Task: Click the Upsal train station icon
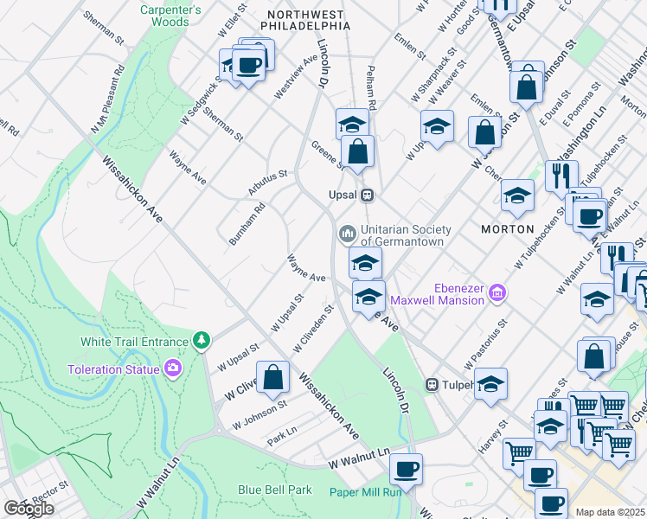[368, 195]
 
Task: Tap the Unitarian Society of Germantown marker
[348, 234]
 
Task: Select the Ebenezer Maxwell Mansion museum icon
[496, 293]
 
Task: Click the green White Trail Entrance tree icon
[201, 341]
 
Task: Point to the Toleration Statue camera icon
[173, 369]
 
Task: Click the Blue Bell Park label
[275, 490]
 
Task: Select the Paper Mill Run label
[366, 492]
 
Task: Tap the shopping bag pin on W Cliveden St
[273, 377]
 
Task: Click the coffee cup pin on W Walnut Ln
[405, 470]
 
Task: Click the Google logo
[28, 509]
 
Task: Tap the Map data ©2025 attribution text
[611, 512]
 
